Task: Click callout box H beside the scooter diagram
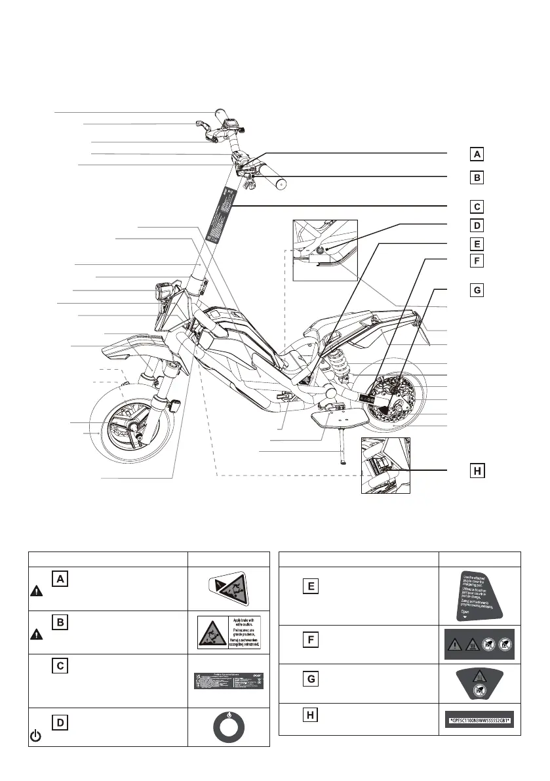pos(478,471)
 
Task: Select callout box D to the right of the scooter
pos(478,225)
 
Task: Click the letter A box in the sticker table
pos(60,579)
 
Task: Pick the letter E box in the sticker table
pos(311,586)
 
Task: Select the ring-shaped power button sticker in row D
pos(228,727)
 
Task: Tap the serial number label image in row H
pos(480,721)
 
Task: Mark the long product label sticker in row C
pos(228,681)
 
